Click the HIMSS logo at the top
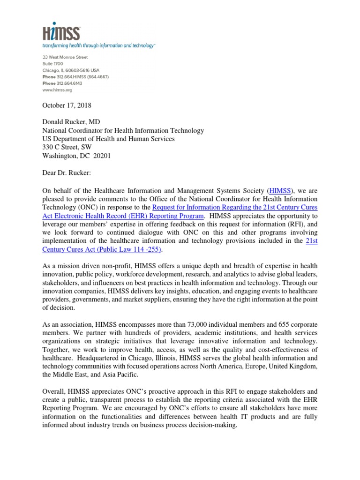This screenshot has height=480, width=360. click(x=61, y=32)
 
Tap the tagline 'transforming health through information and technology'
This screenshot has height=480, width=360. click(x=98, y=46)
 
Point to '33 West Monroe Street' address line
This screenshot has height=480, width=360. click(x=66, y=57)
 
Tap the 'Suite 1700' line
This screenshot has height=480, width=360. click(x=52, y=64)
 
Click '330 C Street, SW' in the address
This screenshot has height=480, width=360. click(x=68, y=147)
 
